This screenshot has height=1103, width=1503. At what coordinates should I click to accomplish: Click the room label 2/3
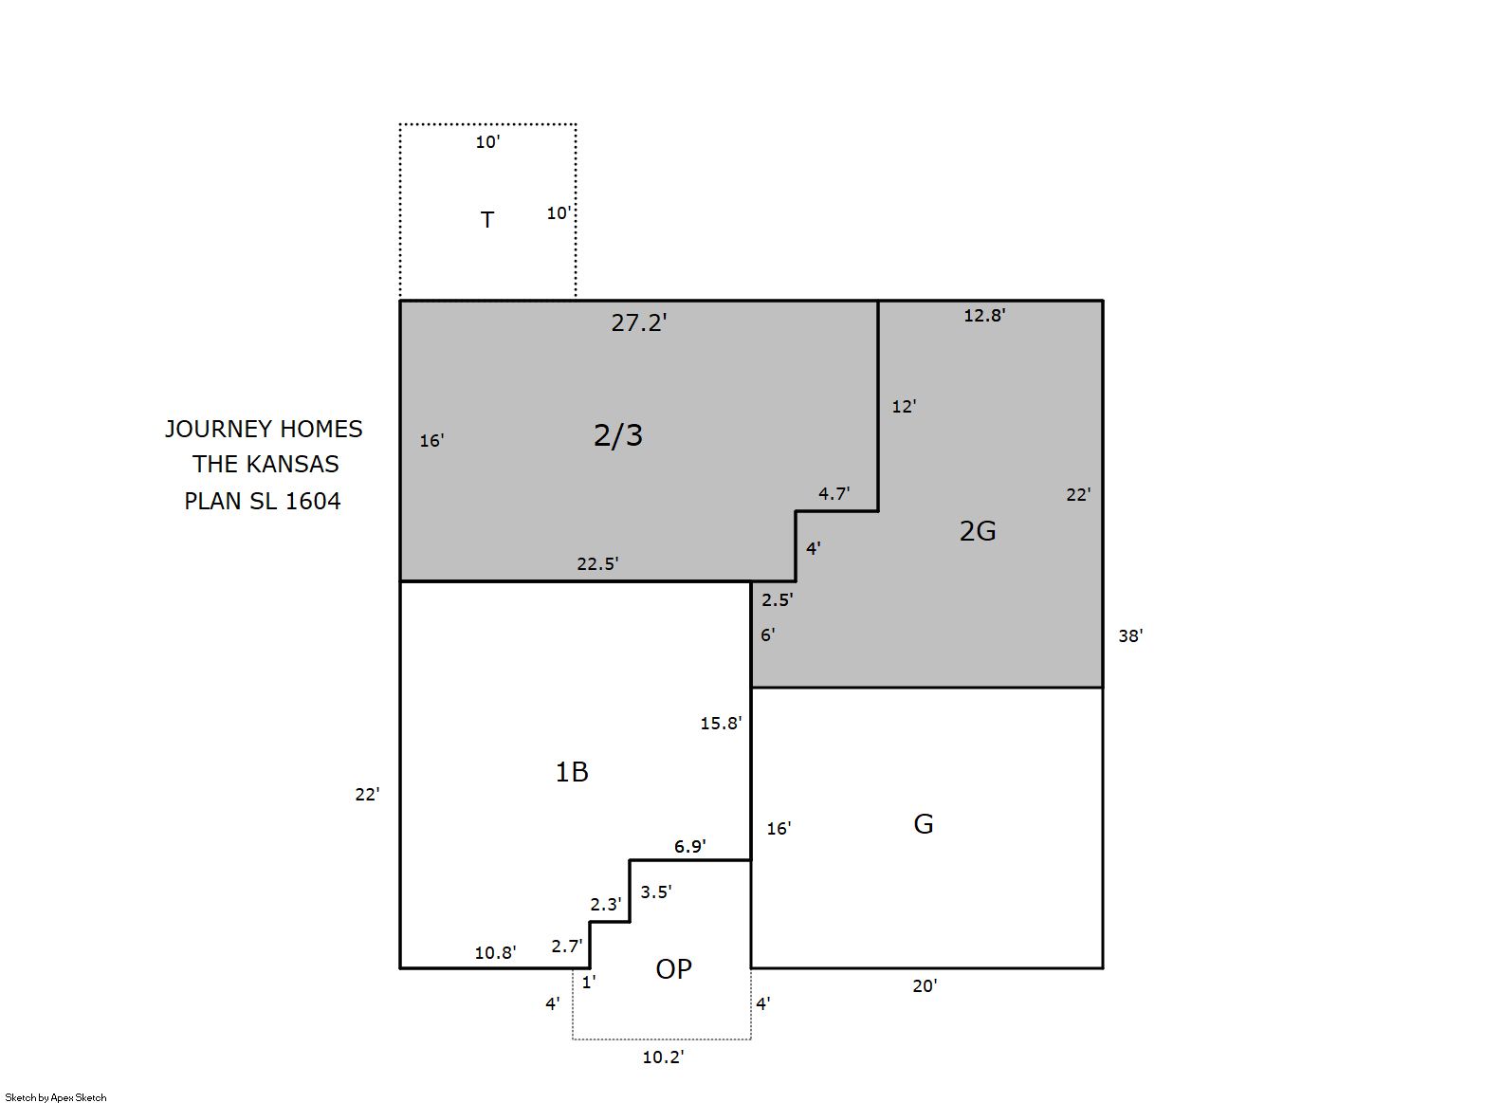tap(618, 435)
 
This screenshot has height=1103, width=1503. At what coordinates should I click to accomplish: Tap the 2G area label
tap(978, 531)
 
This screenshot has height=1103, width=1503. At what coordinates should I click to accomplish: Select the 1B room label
tap(572, 772)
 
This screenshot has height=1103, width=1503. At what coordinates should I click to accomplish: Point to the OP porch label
tap(673, 969)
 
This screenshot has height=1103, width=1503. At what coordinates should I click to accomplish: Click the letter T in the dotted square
tap(487, 219)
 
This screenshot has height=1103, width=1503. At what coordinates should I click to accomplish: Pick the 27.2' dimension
tap(639, 322)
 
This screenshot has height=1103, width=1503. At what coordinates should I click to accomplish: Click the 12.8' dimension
tap(985, 315)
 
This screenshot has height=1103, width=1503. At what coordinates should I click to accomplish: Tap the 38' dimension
tap(1130, 635)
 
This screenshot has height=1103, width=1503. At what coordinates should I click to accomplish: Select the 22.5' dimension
tap(597, 563)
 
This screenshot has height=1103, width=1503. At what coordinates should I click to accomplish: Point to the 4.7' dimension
tap(834, 494)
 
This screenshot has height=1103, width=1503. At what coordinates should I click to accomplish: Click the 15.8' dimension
tap(722, 724)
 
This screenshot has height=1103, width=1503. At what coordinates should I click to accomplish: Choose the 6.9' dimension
tap(690, 847)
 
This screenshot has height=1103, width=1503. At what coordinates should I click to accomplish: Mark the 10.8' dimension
tap(495, 953)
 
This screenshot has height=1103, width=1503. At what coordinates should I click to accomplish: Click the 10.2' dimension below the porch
tap(664, 1057)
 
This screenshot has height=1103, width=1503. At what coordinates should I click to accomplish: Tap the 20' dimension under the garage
tap(925, 986)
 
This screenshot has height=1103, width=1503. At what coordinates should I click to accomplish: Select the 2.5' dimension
tap(777, 599)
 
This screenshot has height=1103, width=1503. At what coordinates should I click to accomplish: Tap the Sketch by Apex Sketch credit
tap(56, 1097)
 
